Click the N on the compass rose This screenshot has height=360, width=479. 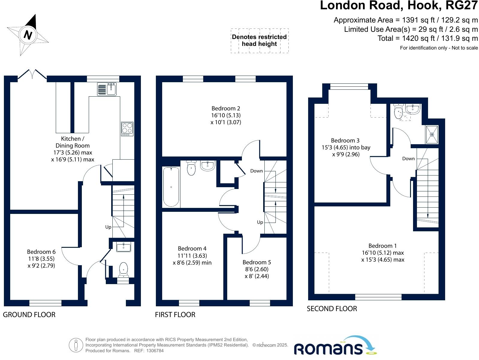click(x=28, y=35)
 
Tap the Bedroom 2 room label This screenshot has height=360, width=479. click(x=226, y=115)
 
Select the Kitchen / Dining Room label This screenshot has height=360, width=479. click(x=73, y=149)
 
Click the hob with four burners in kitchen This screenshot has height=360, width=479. click(x=127, y=128)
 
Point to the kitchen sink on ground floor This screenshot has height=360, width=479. click(x=107, y=89)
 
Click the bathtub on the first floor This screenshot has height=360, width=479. click(x=171, y=187)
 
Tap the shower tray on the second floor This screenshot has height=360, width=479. click(x=432, y=134)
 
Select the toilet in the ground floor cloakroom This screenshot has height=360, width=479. click(x=123, y=269)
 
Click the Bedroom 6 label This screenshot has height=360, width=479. click(x=41, y=258)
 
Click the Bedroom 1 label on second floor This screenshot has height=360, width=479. click(x=383, y=253)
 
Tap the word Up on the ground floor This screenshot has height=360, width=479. click(x=108, y=227)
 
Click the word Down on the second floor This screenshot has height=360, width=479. click(x=408, y=159)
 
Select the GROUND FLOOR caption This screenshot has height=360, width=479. click(x=29, y=314)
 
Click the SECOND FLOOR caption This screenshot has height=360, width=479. click(x=332, y=309)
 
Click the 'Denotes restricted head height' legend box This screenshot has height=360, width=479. click(x=260, y=41)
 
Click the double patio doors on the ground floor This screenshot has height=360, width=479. click(x=32, y=75)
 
